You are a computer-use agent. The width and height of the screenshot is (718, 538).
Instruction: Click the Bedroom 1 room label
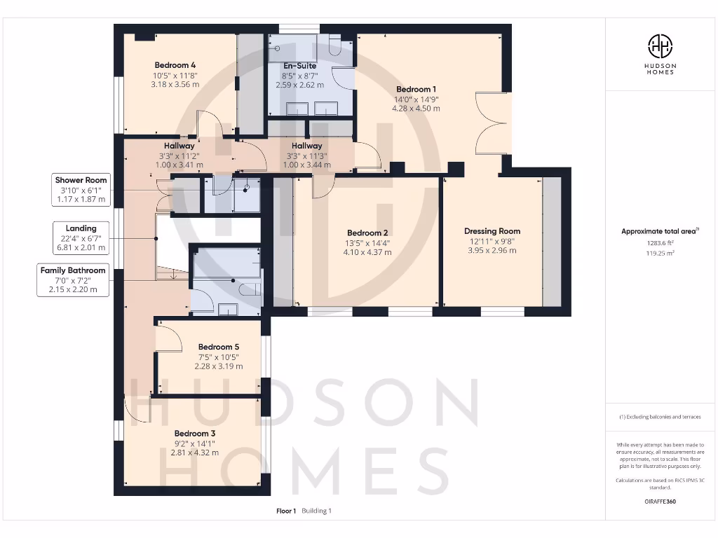point(416,89)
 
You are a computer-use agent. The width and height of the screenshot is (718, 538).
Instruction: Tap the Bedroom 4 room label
point(175,65)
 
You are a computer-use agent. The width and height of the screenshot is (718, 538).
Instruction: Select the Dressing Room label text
point(492,231)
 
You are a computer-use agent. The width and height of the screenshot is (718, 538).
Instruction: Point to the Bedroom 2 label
point(367,233)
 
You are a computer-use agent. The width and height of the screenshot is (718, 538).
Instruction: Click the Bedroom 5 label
point(219,347)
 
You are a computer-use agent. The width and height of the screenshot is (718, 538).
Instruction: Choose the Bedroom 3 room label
point(195,434)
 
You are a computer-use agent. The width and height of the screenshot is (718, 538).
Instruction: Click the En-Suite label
point(299,65)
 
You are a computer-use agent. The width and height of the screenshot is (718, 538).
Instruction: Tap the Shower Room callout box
point(81,190)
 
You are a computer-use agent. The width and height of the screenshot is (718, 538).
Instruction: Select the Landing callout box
point(81,237)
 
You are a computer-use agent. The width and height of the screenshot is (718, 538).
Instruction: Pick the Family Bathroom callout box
point(73,280)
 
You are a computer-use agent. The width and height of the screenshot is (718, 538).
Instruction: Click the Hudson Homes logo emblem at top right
point(660,47)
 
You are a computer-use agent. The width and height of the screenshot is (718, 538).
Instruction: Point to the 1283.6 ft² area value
point(660,243)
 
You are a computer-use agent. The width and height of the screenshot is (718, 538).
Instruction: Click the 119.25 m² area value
point(660,254)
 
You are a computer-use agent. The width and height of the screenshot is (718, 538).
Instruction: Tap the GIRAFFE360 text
point(660,502)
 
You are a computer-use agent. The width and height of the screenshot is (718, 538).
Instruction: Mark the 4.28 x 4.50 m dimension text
point(416,109)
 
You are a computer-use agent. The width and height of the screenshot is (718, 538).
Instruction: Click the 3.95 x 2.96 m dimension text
point(492,250)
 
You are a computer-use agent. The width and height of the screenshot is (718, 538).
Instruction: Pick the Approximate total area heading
point(660,231)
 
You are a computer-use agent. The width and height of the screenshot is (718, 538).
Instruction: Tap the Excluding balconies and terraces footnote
point(660,417)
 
